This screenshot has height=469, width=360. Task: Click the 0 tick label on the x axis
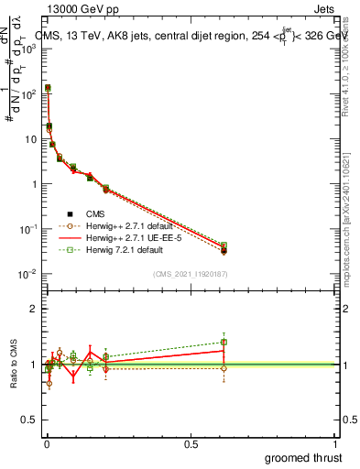(x=46, y=444)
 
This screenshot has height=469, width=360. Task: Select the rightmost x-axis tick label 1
(x=334, y=444)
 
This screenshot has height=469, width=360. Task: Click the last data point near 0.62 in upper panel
(x=224, y=249)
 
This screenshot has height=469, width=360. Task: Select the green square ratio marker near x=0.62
(x=224, y=343)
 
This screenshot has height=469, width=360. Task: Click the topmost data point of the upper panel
(x=48, y=88)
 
